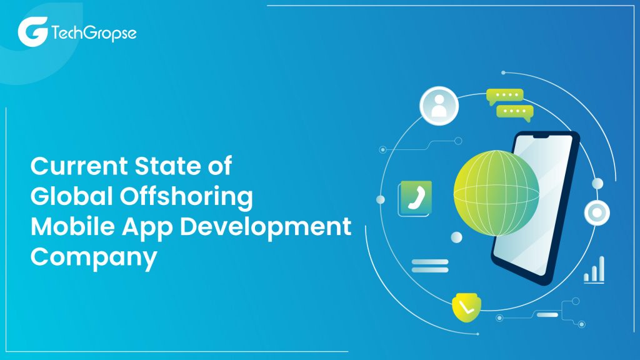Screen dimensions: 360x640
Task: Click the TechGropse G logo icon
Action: point(32,32)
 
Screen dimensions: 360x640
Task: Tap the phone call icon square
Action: point(415,197)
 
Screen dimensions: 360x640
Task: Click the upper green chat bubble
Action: point(505,97)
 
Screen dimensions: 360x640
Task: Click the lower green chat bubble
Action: point(514,112)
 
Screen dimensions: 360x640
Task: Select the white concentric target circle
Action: point(597,213)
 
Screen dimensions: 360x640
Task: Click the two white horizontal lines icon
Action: point(430,266)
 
